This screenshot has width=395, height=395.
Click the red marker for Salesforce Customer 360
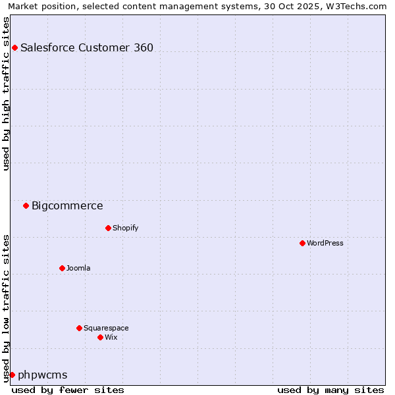[14, 47]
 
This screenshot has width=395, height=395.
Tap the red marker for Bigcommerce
[26, 205]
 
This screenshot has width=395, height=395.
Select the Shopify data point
[108, 228]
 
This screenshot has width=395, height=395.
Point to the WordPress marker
[302, 243]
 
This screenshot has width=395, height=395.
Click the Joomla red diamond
[62, 268]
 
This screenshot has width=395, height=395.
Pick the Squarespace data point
[79, 328]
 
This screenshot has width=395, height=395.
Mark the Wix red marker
[100, 337]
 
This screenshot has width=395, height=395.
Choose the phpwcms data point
[12, 375]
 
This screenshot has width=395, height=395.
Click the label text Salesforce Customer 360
[87, 47]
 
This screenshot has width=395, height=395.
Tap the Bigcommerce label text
[67, 205]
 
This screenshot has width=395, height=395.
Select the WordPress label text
[325, 243]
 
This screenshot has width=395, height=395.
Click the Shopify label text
[125, 228]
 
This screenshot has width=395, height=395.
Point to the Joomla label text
[78, 268]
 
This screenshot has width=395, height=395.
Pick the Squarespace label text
[106, 328]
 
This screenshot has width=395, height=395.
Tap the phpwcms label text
[43, 375]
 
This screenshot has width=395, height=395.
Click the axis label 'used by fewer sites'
[68, 390]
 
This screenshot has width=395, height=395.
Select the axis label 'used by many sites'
[330, 390]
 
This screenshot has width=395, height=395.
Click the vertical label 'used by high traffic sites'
[6, 93]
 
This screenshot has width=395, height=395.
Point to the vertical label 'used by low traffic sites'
[6, 307]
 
